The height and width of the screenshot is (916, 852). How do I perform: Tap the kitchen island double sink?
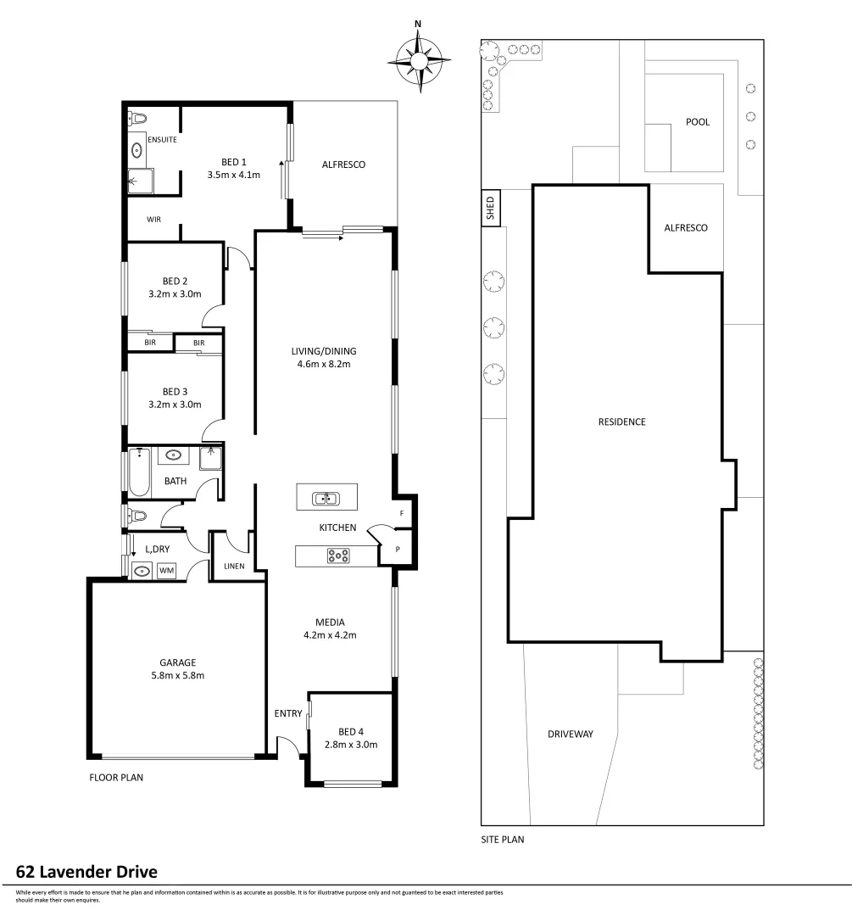point(326,498)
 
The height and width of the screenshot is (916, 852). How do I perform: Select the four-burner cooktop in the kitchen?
point(338,556)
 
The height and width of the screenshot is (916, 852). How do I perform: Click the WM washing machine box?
point(167,571)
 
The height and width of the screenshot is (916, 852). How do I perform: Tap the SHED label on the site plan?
point(490,209)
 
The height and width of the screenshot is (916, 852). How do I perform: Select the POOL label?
point(697,122)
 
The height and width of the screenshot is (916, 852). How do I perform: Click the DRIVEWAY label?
point(570,734)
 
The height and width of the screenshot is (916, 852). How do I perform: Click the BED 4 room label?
point(350,731)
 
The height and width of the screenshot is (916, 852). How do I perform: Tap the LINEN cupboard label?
point(235,566)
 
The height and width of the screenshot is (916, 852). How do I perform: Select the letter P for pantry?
point(398,550)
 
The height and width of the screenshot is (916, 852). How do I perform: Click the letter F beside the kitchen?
point(401,514)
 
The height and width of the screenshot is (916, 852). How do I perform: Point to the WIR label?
point(153,219)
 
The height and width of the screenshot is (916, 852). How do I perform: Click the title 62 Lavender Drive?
point(87,872)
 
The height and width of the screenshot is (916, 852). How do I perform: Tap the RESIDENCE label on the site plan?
point(621,422)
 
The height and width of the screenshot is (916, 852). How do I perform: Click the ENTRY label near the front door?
point(287,713)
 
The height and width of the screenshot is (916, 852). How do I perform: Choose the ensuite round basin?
point(137,151)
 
